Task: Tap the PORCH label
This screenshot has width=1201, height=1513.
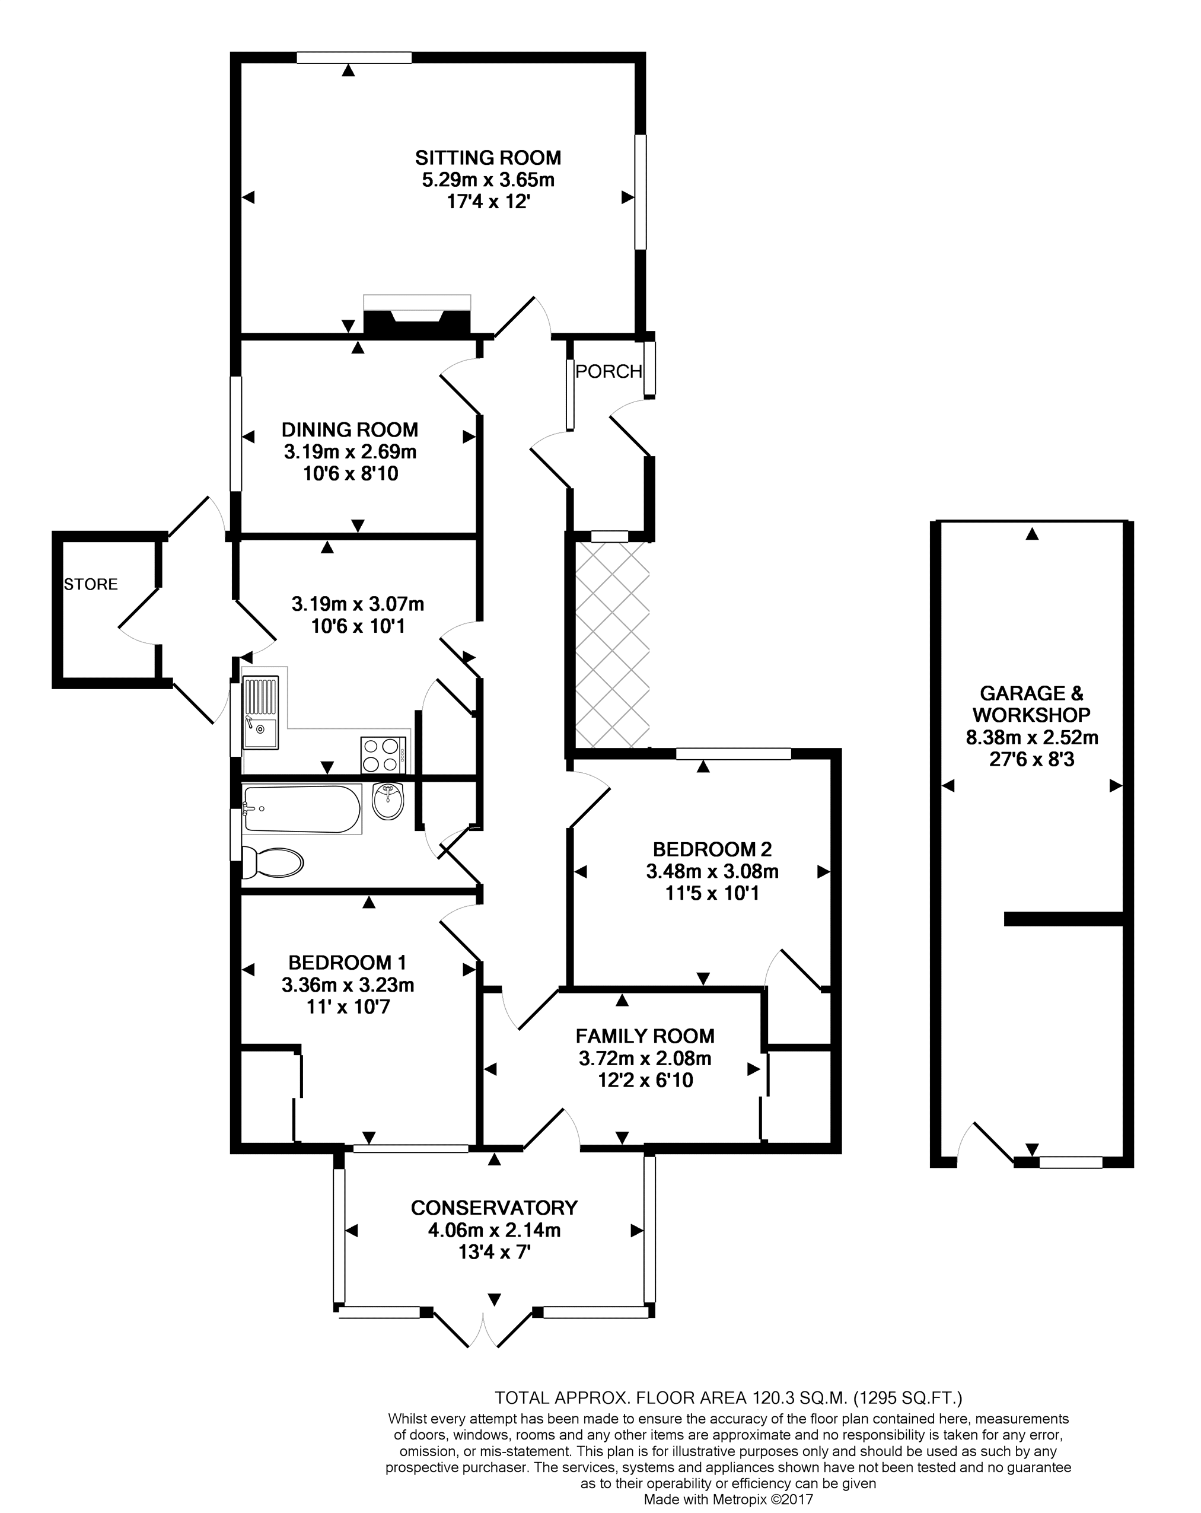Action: point(608,371)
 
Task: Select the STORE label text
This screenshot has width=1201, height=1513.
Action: point(91,584)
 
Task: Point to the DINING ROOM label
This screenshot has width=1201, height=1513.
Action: point(349,429)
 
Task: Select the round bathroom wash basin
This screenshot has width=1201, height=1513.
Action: point(388,801)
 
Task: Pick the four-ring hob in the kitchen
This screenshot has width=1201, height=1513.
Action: point(383,754)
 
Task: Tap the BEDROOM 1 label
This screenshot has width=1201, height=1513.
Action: point(348,962)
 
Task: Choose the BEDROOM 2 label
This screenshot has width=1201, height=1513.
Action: point(712,849)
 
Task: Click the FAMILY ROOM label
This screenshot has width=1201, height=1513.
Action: point(644,1036)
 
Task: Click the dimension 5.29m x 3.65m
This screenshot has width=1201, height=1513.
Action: point(488,180)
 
